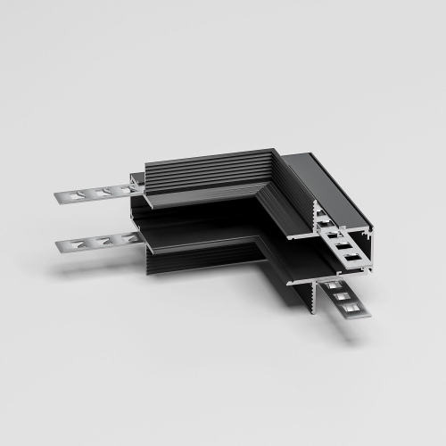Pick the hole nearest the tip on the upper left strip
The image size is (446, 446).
[71, 194]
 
